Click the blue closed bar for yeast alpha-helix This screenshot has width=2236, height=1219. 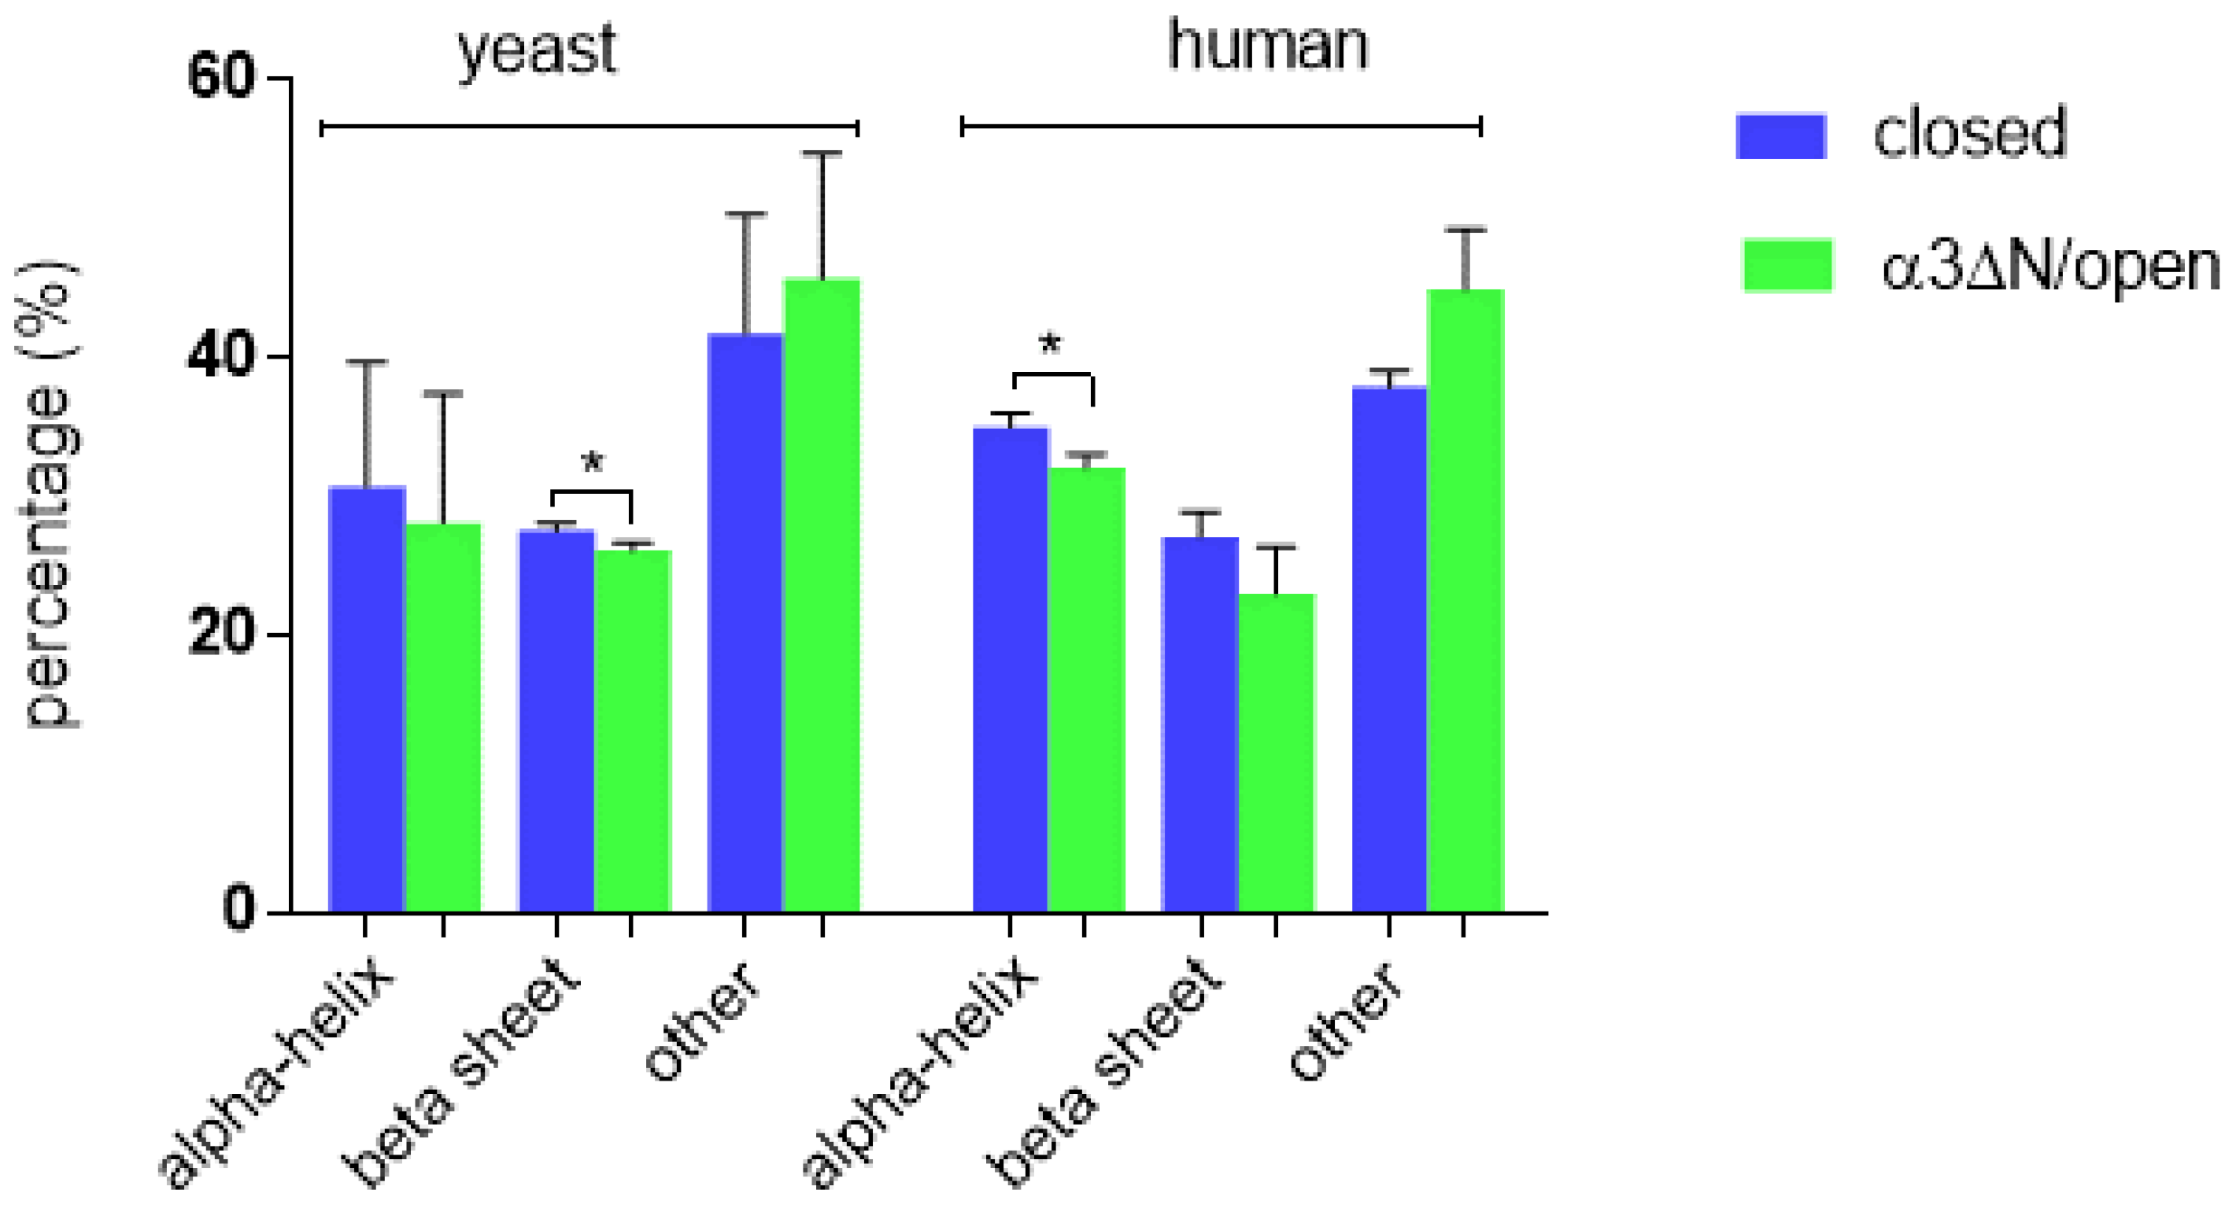pos(368,698)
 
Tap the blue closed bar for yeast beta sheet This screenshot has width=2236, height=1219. pos(556,720)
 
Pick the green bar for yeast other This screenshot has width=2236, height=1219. pos(821,595)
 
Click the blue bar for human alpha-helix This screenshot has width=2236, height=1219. pos(1011,668)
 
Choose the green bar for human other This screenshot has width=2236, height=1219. pos(1465,598)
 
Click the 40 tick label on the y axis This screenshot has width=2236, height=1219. pos(220,356)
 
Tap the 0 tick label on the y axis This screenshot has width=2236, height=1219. pos(238,910)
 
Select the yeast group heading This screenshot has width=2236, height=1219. pos(538,50)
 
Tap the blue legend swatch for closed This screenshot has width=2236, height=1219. pos(1780,135)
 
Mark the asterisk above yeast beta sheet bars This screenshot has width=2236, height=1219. pos(592,462)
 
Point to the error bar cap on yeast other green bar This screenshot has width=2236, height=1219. pos(821,153)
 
